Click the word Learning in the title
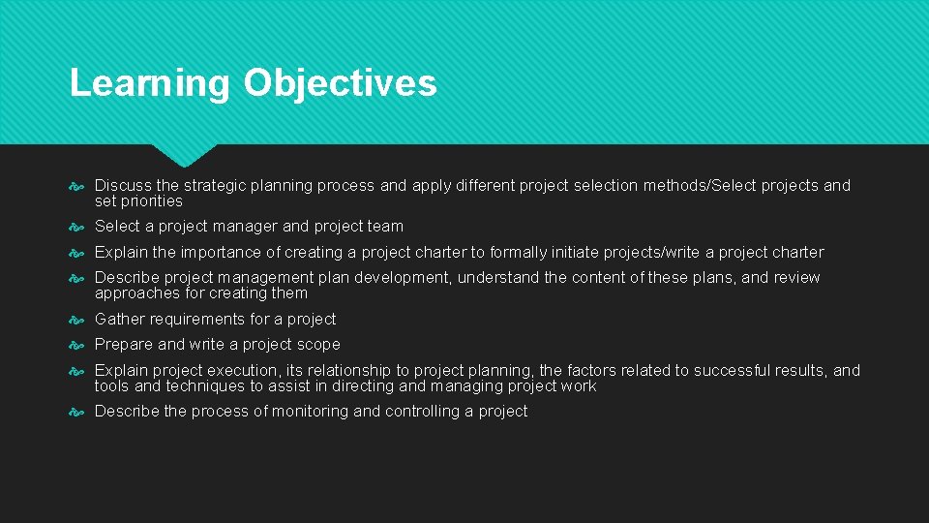tap(149, 83)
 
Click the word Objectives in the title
tap(340, 83)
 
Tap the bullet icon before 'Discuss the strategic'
tap(78, 186)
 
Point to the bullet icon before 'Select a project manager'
tap(78, 227)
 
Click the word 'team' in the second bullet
tap(385, 226)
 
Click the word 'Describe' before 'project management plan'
tap(125, 277)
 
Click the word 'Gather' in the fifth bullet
tap(119, 319)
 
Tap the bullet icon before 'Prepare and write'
tap(78, 345)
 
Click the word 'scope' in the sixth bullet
tap(319, 344)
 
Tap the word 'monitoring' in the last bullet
tap(311, 411)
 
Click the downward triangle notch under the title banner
tap(184, 154)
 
